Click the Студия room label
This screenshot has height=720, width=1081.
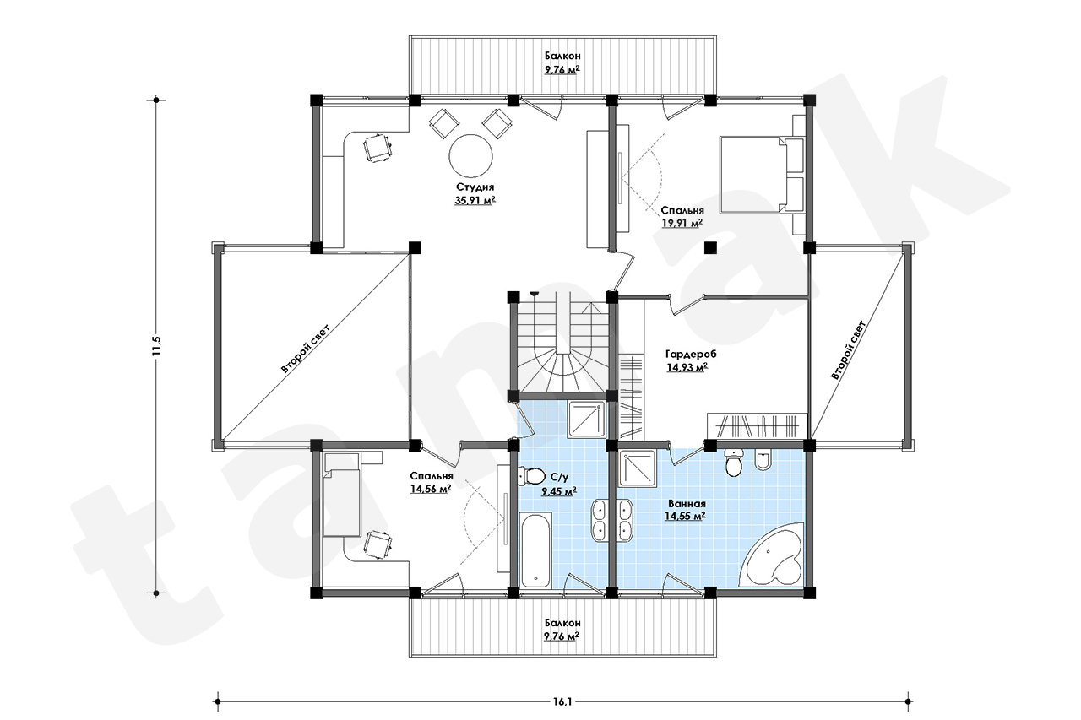(475, 187)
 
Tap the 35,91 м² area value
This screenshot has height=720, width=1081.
(475, 200)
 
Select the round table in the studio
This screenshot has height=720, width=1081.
(471, 156)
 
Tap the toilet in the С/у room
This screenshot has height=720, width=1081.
(531, 476)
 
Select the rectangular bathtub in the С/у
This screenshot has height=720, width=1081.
(535, 550)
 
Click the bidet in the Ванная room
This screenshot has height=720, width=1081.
(763, 459)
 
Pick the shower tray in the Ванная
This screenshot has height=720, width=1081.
(637, 468)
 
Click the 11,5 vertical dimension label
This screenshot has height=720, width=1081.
(156, 345)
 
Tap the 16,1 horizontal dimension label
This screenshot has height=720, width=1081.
(562, 701)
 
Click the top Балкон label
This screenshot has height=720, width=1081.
(562, 56)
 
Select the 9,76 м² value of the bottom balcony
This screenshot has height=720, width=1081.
(562, 636)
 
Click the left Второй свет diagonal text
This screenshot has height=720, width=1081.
(305, 349)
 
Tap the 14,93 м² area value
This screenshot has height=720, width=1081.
(687, 367)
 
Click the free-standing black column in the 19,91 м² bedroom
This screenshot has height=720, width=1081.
(710, 248)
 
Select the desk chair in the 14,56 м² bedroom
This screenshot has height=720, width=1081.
(378, 544)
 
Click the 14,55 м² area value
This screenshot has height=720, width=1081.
(685, 516)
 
